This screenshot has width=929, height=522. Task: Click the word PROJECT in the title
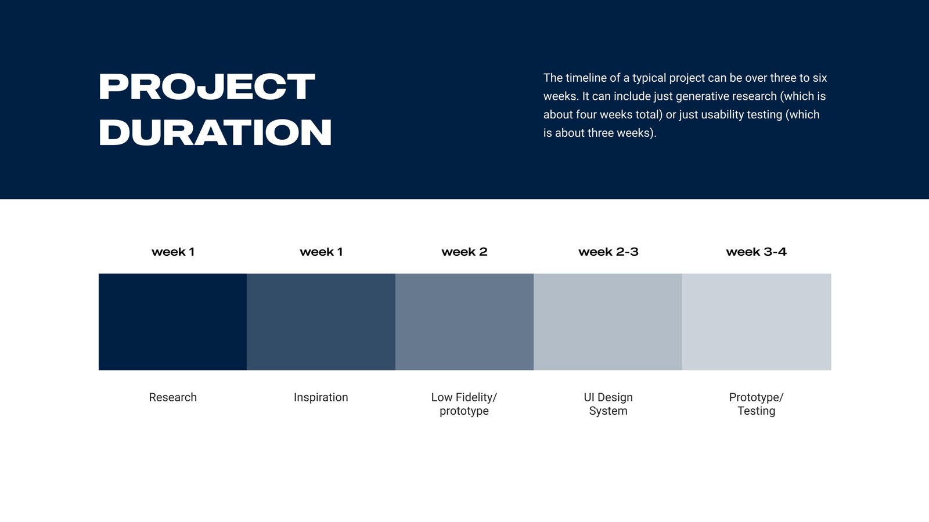point(207,86)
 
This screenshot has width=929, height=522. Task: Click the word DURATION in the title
point(215,132)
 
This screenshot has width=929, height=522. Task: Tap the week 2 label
point(464,252)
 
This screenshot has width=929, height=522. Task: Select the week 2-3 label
point(608,252)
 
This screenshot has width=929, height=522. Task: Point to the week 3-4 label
point(756,252)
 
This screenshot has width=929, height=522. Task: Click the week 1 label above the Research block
point(173,252)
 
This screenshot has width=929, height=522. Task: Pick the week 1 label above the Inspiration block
point(321,252)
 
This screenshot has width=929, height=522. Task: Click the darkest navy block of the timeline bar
point(172,322)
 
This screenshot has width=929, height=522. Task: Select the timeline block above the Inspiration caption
point(321,322)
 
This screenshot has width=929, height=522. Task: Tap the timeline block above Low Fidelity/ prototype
point(464,322)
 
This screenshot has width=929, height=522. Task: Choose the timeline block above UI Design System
point(608,322)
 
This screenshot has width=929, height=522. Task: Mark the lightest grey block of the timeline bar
point(757,322)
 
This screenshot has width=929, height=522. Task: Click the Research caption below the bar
point(172,397)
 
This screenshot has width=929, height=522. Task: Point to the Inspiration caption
point(321,398)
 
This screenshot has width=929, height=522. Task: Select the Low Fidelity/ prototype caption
point(464,404)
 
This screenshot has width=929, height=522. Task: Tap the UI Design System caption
point(608,404)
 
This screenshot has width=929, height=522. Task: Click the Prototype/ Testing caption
point(756,404)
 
